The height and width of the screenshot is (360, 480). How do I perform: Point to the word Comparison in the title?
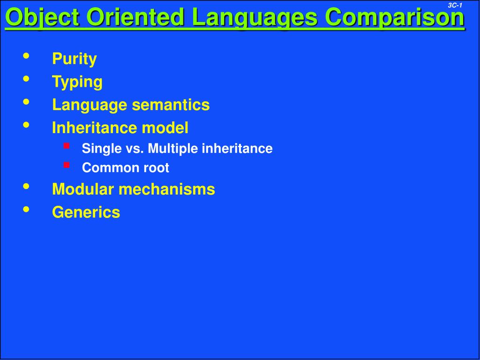pyautogui.click(x=395, y=18)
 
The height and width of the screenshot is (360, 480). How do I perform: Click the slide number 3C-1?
pyautogui.click(x=455, y=5)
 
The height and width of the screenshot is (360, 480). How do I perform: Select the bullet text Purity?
pyautogui.click(x=74, y=59)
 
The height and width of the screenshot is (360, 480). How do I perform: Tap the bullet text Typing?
pyautogui.click(x=77, y=82)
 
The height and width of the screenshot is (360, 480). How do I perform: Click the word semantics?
pyautogui.click(x=171, y=105)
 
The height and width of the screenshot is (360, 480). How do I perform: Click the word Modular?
pyautogui.click(x=83, y=189)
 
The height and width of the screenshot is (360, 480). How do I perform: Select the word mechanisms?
pyautogui.click(x=166, y=189)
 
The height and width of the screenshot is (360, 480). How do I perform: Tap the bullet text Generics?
pyautogui.click(x=86, y=212)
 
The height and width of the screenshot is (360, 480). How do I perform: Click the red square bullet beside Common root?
pyautogui.click(x=67, y=165)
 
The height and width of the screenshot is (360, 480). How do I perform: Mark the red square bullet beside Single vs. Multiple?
pyautogui.click(x=67, y=146)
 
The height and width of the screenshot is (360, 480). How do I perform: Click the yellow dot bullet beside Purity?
pyautogui.click(x=26, y=56)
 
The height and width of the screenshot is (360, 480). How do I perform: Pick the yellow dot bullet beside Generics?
pyautogui.click(x=26, y=209)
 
